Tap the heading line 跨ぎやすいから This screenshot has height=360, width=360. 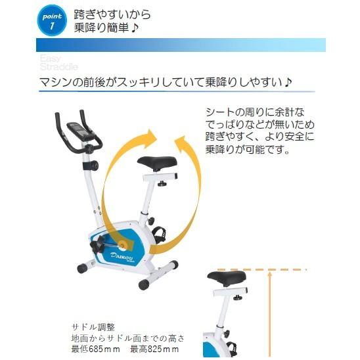tap(112, 12)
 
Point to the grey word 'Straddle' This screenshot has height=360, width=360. tap(58, 67)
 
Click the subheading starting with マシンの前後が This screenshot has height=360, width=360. tap(165, 83)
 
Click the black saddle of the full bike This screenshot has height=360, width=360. tap(156, 163)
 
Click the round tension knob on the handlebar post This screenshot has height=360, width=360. tap(95, 165)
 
